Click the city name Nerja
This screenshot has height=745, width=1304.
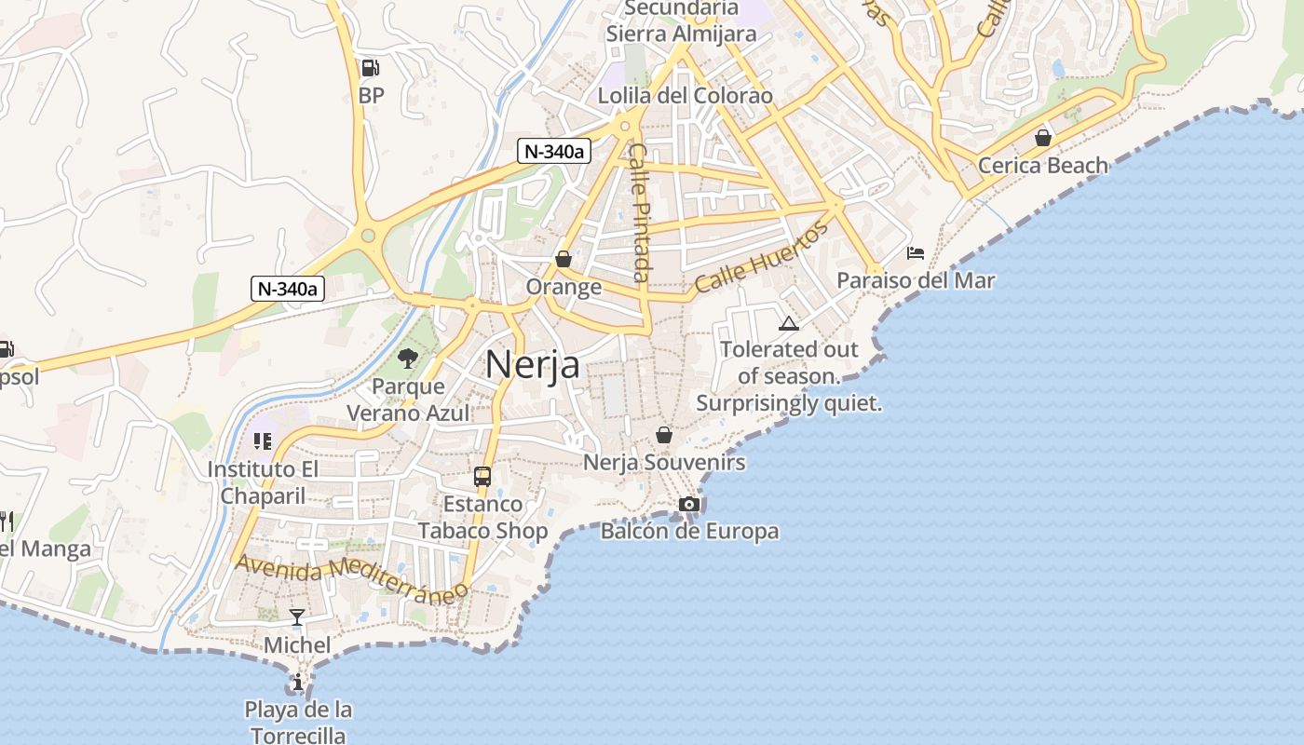click(532, 364)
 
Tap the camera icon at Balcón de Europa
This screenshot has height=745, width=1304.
click(689, 504)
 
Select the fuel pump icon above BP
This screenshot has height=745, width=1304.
click(370, 68)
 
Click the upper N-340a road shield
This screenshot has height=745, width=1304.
click(555, 151)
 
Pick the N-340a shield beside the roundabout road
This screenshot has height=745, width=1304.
click(288, 289)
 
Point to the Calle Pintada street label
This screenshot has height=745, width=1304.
click(639, 211)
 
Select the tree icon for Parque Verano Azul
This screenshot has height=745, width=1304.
click(407, 358)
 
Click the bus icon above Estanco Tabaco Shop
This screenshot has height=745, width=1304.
click(482, 477)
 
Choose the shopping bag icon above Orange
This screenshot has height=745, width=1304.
click(563, 259)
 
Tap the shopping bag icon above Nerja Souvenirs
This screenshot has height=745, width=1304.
click(663, 435)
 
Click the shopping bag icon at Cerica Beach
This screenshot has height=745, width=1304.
click(1043, 138)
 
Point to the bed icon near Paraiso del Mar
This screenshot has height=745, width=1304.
click(916, 253)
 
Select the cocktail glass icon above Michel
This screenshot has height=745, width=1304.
click(297, 616)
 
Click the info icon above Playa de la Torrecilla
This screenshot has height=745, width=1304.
click(298, 683)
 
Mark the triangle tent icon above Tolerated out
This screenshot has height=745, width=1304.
click(789, 323)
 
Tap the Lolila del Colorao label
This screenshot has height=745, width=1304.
click(685, 96)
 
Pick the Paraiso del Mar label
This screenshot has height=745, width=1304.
click(916, 280)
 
